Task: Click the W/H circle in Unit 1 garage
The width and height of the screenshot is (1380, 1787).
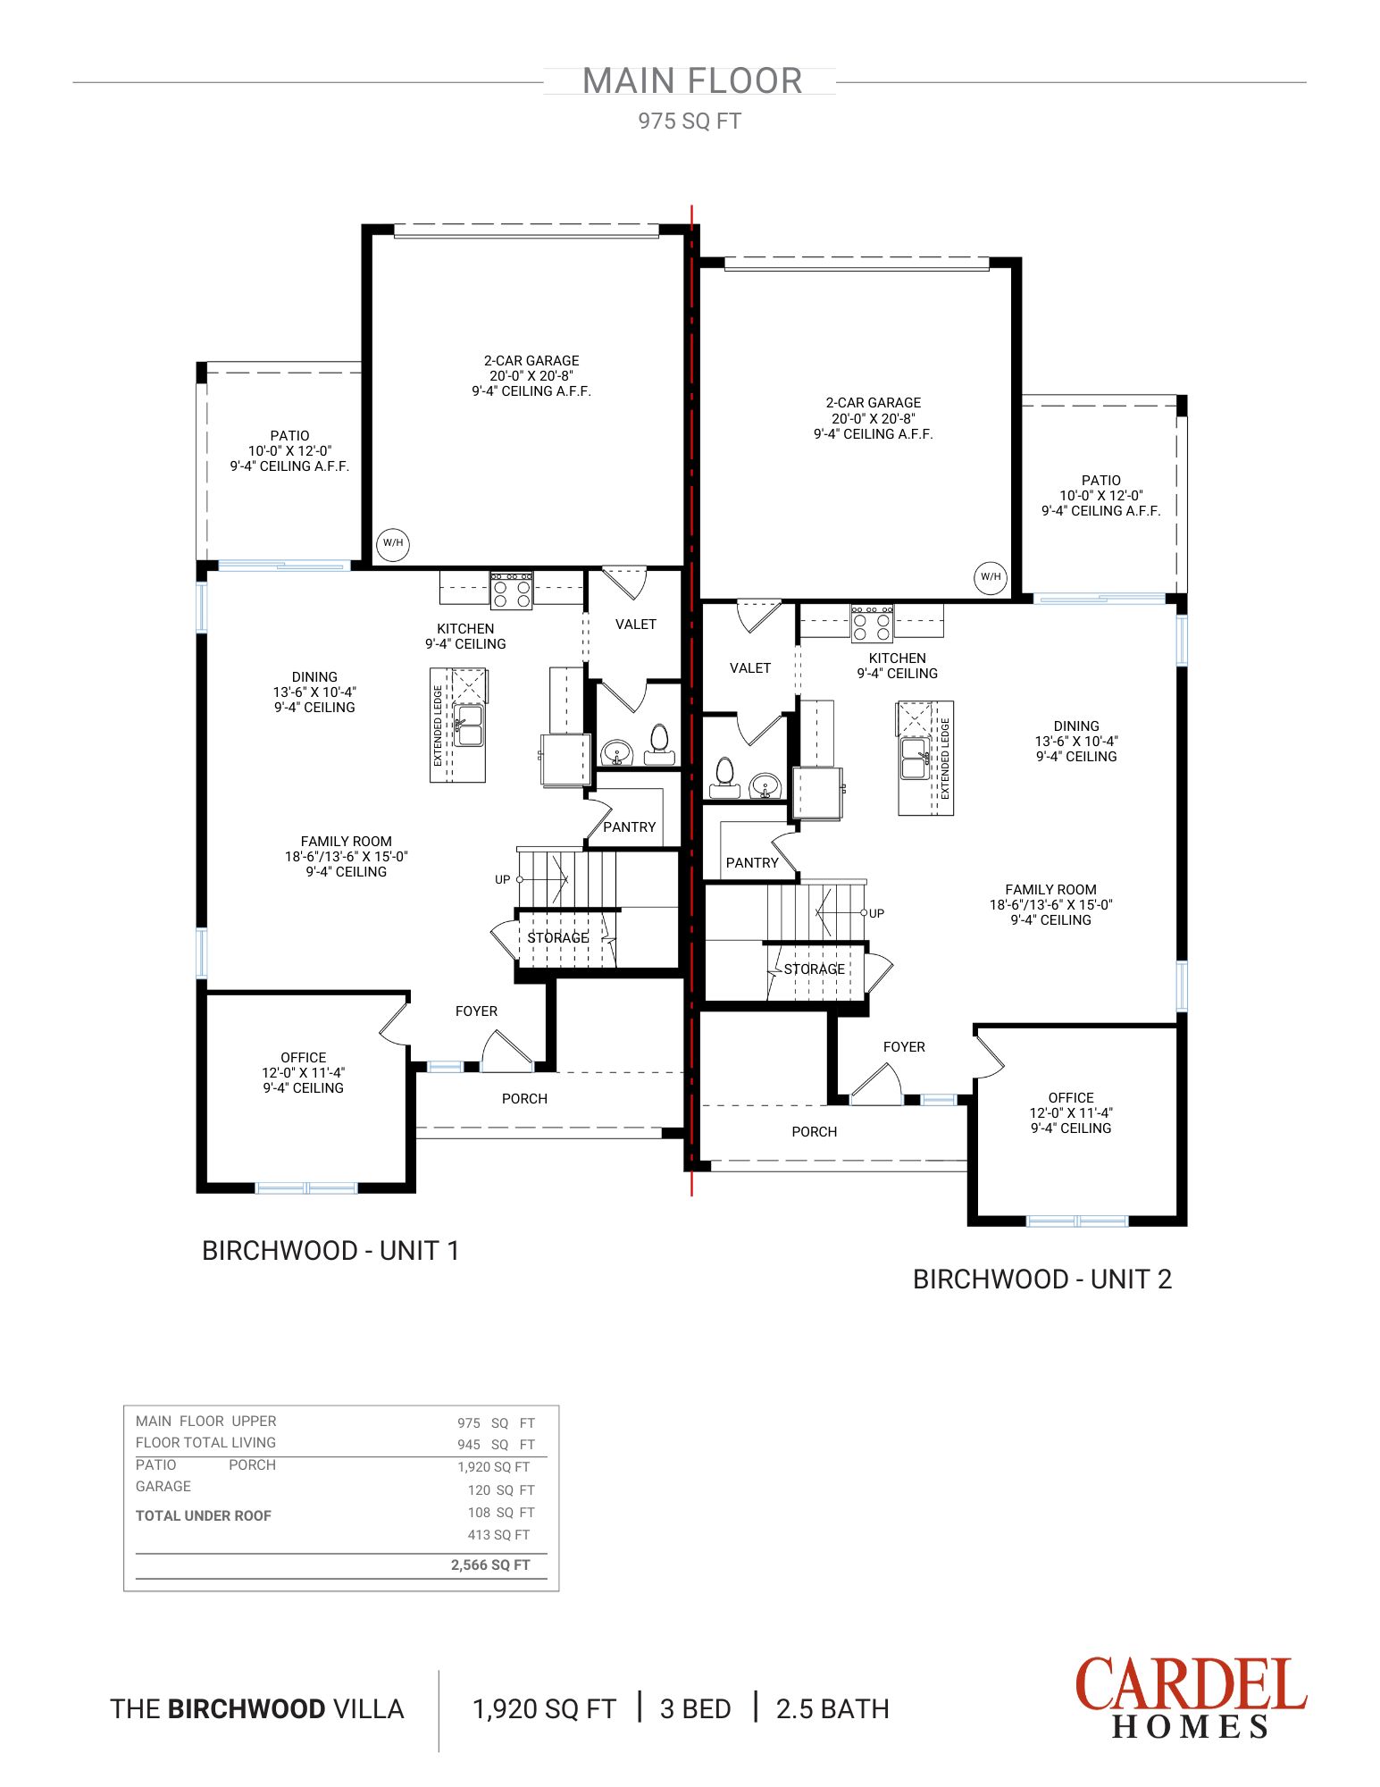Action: coord(393,543)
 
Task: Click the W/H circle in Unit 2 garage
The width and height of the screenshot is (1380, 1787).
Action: coord(991,577)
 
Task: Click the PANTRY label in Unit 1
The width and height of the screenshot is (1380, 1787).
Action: coord(629,827)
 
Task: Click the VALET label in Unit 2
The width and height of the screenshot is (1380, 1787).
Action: coord(749,668)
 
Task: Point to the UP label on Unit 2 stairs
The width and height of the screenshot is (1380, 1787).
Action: coord(876,913)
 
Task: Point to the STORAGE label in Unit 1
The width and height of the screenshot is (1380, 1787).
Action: coord(557,937)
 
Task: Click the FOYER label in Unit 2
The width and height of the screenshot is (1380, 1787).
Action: coord(903,1047)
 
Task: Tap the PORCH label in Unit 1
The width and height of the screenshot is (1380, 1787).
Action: coord(524,1099)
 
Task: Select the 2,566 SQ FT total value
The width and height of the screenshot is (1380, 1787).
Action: coord(490,1565)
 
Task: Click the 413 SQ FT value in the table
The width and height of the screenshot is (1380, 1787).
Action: coord(498,1535)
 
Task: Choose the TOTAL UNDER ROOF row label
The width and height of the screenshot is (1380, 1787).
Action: coord(203,1515)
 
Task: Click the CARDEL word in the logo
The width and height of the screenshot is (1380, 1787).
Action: coord(1190,1685)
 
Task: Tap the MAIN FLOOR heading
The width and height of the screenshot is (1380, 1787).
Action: coord(692,81)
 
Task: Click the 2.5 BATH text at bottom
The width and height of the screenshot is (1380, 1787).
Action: coord(832,1709)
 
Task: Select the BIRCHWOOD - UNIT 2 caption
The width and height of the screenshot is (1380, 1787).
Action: coord(1041,1279)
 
